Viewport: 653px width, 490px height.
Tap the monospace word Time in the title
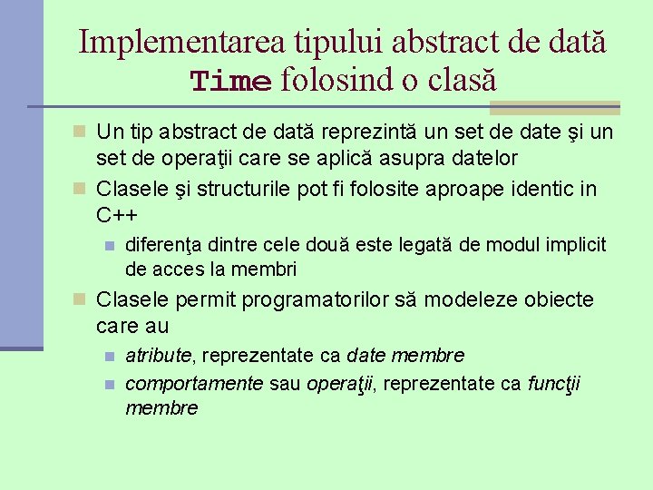point(230,82)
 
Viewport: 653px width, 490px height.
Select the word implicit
point(576,244)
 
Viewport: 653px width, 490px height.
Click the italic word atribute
point(158,355)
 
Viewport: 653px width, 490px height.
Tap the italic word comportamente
point(194,384)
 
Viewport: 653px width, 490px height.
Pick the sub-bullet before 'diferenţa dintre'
point(109,245)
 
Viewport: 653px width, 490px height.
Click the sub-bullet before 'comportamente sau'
point(109,385)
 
